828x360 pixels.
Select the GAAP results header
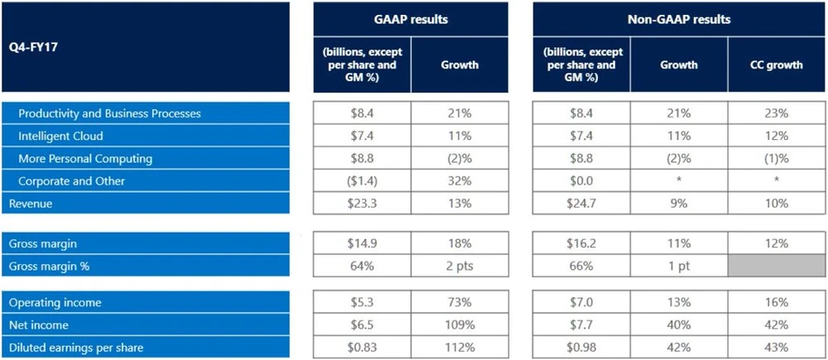(x=411, y=19)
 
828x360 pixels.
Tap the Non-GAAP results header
(x=679, y=19)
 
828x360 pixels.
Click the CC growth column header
(x=777, y=65)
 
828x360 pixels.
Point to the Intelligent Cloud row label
(x=60, y=136)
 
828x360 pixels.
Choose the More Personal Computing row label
(x=85, y=158)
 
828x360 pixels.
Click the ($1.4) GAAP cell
(x=362, y=180)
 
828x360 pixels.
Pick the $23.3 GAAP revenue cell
(x=362, y=203)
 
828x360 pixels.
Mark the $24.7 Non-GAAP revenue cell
(x=580, y=203)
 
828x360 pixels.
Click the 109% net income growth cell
(x=459, y=325)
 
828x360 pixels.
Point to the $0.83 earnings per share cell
(x=362, y=348)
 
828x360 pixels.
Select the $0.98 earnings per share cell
(x=580, y=348)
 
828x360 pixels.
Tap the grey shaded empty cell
(x=777, y=266)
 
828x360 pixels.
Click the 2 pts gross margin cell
(x=459, y=266)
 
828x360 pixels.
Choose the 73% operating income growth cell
(x=459, y=303)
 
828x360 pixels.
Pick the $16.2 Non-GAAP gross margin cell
(x=580, y=243)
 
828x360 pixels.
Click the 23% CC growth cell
(x=777, y=113)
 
